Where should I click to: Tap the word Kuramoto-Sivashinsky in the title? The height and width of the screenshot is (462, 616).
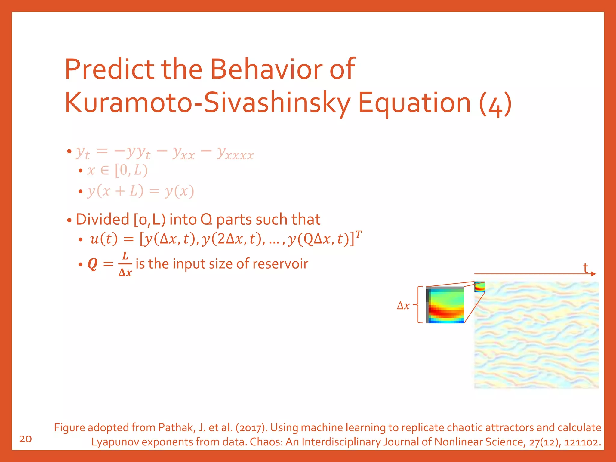208,103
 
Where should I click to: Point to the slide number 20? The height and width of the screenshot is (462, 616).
25,439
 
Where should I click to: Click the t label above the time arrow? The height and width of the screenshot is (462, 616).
585,268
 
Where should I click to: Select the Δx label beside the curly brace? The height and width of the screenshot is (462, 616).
403,306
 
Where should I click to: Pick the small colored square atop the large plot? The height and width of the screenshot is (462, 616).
480,287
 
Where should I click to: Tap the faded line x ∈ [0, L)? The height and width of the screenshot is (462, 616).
117,171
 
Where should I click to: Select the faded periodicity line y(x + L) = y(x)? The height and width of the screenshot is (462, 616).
140,191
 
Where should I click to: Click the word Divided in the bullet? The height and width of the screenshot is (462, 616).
102,219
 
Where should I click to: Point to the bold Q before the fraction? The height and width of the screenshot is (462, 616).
93,264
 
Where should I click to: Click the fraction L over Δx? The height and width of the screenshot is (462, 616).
125,264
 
